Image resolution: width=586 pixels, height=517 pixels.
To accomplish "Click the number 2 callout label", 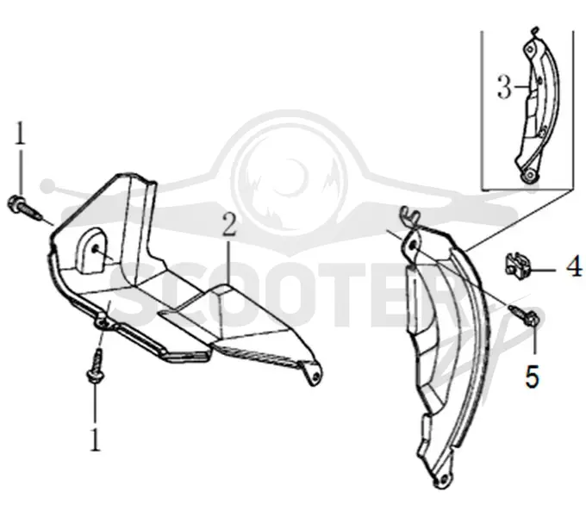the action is [229, 224].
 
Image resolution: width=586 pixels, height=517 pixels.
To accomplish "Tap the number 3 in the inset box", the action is [504, 87].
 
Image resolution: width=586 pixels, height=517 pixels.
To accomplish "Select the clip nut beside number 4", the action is [516, 266].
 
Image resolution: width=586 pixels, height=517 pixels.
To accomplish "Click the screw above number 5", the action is [524, 315].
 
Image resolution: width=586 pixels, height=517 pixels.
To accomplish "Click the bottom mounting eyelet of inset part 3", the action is [528, 175].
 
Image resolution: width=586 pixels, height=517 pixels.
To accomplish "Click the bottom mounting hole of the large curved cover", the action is [442, 479].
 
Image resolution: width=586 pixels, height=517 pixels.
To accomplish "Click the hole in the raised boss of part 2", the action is [96, 249].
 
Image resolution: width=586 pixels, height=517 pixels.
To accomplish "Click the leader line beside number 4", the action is [542, 270].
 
